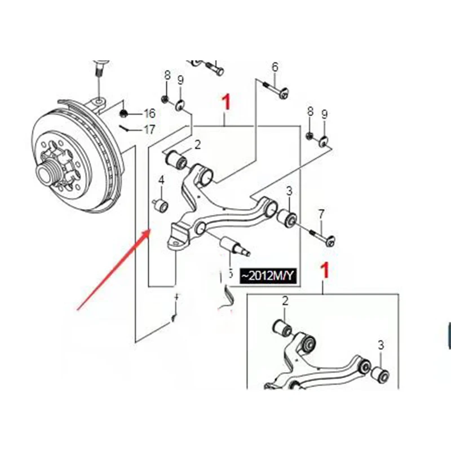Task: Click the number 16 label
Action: click(x=149, y=113)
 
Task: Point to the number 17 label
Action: click(x=149, y=130)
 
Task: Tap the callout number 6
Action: click(x=275, y=67)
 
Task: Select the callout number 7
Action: click(x=321, y=214)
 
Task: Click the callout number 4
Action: click(x=161, y=180)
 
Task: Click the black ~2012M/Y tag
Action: click(x=268, y=276)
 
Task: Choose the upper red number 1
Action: click(x=226, y=103)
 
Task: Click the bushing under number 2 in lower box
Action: click(x=281, y=327)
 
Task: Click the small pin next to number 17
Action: click(x=130, y=127)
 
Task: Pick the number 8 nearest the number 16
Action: click(x=167, y=75)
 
